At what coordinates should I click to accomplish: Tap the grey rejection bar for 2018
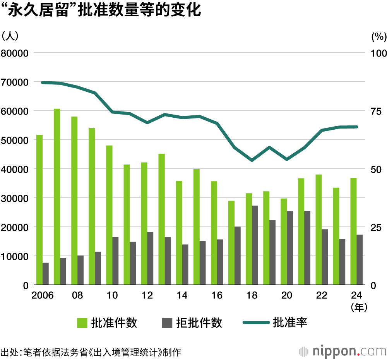[255, 245]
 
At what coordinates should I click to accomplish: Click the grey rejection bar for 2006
[46, 274]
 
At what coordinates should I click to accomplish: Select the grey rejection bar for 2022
[325, 257]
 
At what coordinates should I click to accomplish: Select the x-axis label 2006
[43, 295]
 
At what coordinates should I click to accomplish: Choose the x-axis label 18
[252, 295]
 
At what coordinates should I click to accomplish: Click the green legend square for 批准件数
[82, 323]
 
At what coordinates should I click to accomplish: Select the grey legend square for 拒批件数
[167, 323]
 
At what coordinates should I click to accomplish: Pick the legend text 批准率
[290, 322]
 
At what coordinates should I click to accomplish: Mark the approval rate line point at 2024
[356, 127]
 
